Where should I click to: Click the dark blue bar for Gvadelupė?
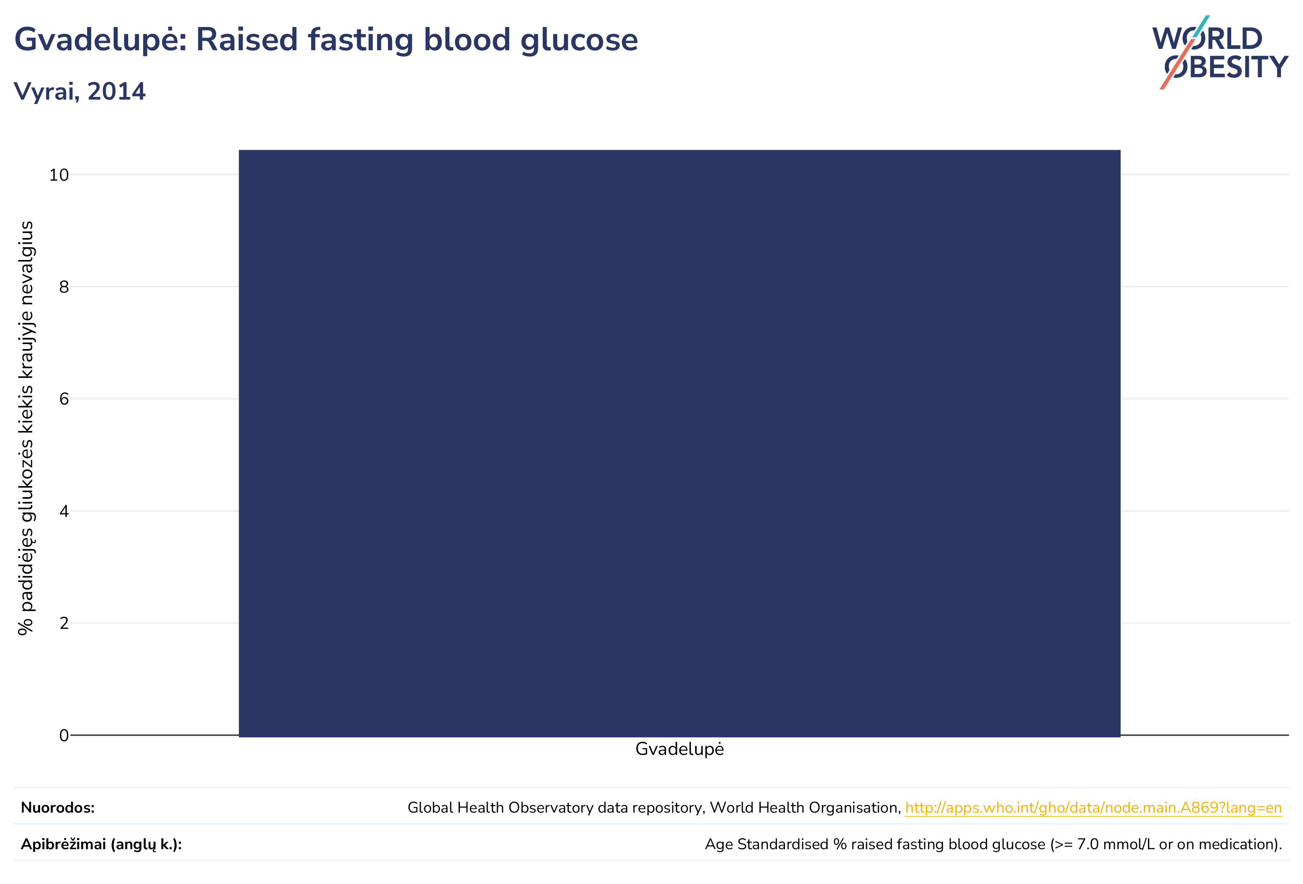coord(680,443)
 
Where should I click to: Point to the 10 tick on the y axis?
coord(59,175)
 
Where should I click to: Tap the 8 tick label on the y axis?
coord(64,287)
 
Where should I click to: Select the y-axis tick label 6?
coord(64,399)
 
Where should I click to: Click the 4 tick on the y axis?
coord(64,512)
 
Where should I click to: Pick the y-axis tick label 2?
coord(64,623)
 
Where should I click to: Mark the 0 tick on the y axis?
coord(64,735)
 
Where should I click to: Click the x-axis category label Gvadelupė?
coord(680,750)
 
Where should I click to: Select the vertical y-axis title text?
coord(26,428)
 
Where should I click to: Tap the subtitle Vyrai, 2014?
coord(80,91)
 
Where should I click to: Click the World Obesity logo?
coord(1220,52)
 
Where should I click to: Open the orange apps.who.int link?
coord(1093,808)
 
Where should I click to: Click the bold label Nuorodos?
coord(58,808)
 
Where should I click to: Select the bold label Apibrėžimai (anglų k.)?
coord(101,845)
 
